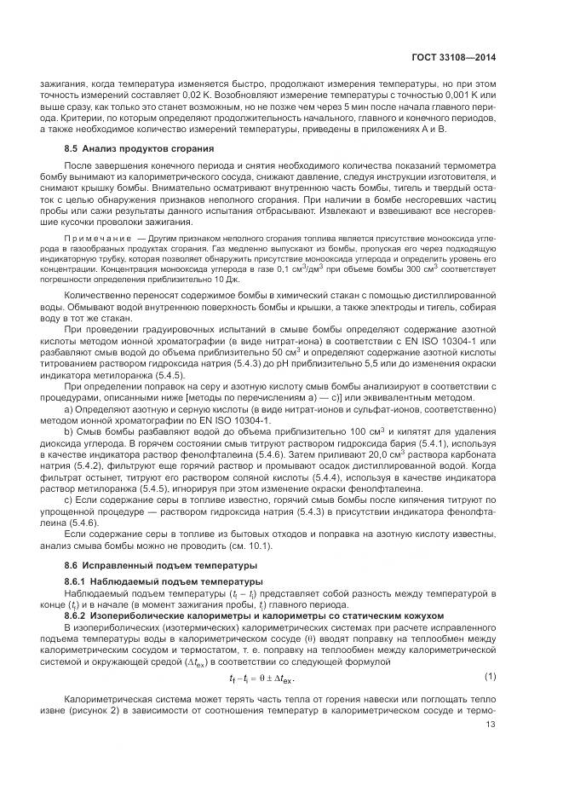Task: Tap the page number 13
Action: click(490, 749)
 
